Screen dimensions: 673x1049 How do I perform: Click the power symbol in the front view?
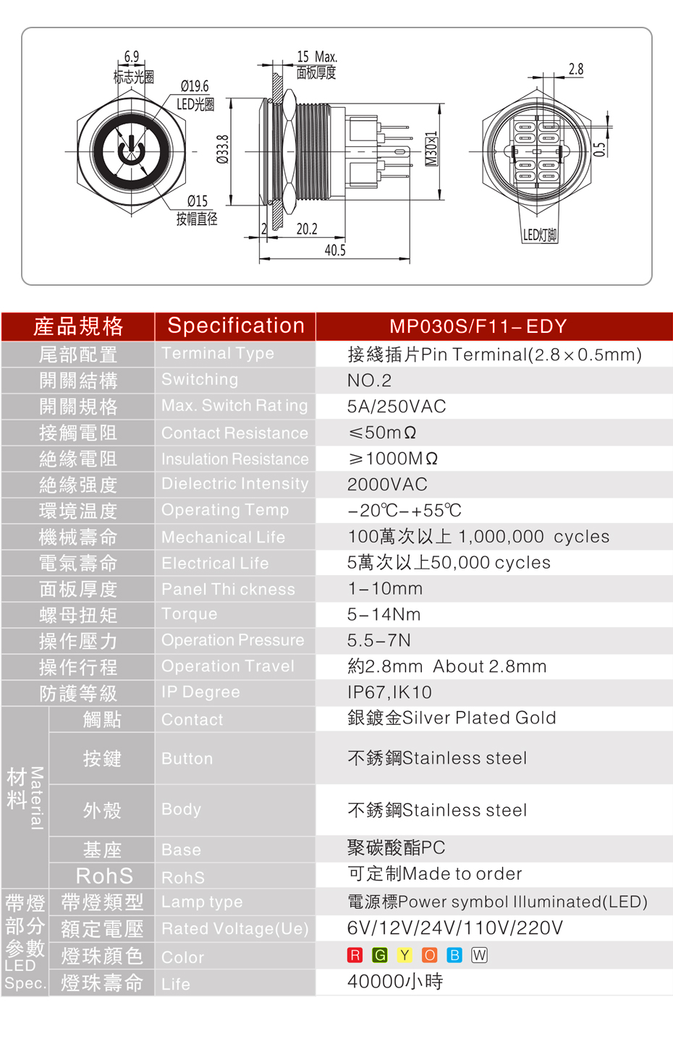[x=131, y=151]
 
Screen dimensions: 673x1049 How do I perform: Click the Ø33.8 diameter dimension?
[x=224, y=149]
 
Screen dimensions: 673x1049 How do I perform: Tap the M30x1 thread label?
[x=431, y=148]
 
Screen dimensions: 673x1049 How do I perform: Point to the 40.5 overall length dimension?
[x=335, y=250]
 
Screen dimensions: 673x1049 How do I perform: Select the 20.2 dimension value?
[x=307, y=229]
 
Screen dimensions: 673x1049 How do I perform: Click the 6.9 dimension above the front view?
[x=132, y=56]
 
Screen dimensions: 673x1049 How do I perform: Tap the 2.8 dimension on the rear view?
[x=576, y=69]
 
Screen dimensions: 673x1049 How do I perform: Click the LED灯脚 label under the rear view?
[x=540, y=234]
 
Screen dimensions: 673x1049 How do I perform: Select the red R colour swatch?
[x=355, y=955]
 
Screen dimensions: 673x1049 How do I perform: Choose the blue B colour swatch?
[x=454, y=955]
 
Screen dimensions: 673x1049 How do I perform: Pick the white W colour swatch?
[x=479, y=955]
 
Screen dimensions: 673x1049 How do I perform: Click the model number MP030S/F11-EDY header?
[x=478, y=326]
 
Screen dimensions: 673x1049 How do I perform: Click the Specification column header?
[x=236, y=326]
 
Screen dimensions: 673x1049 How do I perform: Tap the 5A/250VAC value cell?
[x=397, y=407]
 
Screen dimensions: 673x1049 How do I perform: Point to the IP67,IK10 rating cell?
[x=389, y=692]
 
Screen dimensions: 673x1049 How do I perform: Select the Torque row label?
[x=189, y=614]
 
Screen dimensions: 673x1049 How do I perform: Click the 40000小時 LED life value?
[x=395, y=982]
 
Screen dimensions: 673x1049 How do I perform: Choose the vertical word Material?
[x=36, y=798]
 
